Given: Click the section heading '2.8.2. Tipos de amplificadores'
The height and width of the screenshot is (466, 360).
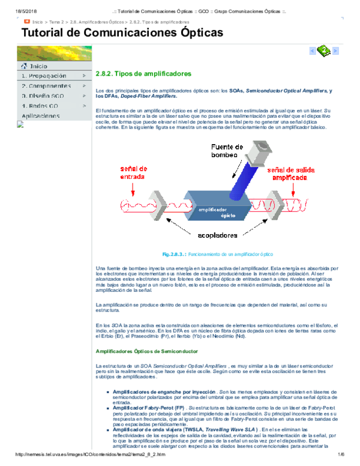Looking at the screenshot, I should [x=143, y=74].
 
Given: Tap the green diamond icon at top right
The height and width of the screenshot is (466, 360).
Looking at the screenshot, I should [x=324, y=51].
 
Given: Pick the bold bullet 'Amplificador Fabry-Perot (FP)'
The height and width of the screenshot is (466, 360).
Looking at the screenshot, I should [x=147, y=407].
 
